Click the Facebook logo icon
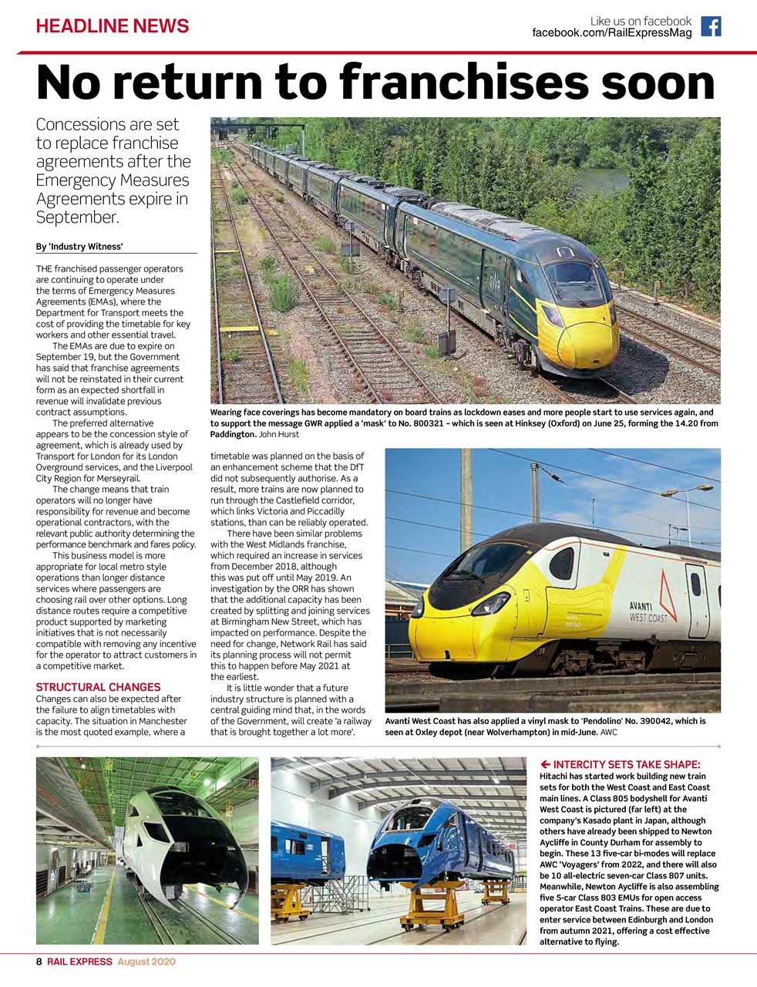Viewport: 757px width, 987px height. [711, 26]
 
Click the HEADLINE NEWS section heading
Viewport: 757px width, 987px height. [113, 26]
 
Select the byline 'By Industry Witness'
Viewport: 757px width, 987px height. [79, 247]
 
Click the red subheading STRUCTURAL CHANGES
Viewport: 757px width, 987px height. [98, 687]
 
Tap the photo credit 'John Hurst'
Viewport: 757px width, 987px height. [284, 434]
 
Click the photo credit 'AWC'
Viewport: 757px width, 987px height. [608, 732]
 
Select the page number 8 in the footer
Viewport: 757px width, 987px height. [39, 962]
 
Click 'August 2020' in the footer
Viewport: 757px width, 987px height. [146, 962]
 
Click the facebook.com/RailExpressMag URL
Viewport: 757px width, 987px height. [612, 33]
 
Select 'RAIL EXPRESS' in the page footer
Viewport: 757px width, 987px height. [79, 962]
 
